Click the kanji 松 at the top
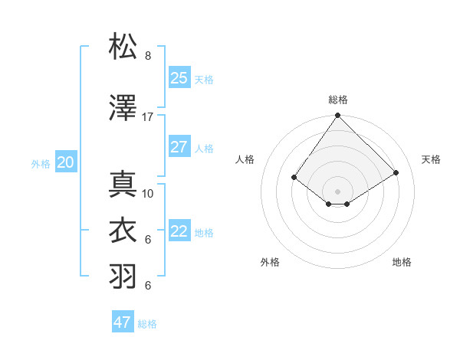(123, 47)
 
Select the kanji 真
(123, 185)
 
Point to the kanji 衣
(123, 231)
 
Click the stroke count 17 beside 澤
(148, 117)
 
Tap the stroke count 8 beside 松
(148, 56)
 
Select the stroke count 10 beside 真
(148, 194)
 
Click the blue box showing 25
(179, 78)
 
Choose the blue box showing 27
(179, 147)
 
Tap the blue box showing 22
(179, 231)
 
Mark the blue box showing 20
(66, 162)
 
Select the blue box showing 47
(123, 322)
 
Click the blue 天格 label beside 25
(204, 80)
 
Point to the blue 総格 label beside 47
(147, 324)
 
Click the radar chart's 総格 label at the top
(338, 100)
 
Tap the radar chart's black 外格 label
(270, 262)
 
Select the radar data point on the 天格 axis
(396, 173)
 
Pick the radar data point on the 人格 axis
(294, 178)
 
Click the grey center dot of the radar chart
(337, 190)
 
